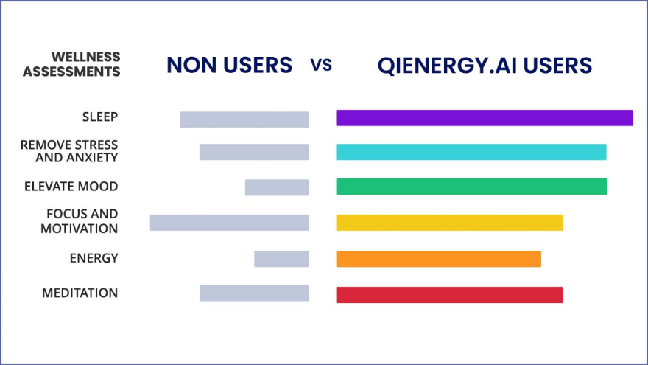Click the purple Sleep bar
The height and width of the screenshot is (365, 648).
pyautogui.click(x=485, y=118)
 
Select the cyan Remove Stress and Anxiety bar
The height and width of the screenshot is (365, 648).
pyautogui.click(x=471, y=152)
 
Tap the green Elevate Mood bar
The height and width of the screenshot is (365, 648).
pyautogui.click(x=471, y=187)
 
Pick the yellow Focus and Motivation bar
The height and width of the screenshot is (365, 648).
pyautogui.click(x=449, y=223)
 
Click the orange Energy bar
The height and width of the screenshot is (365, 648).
pyautogui.click(x=438, y=259)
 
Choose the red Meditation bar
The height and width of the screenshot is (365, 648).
pyautogui.click(x=449, y=295)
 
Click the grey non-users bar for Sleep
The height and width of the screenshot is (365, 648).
pyautogui.click(x=244, y=119)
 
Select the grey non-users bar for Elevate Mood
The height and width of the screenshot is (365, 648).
pyautogui.click(x=277, y=187)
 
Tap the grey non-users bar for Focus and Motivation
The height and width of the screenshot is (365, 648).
pyautogui.click(x=229, y=223)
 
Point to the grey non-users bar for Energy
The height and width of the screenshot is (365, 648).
pyautogui.click(x=281, y=259)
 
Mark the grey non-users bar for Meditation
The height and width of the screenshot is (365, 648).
pyautogui.click(x=254, y=293)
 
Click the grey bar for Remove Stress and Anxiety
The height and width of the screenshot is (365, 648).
pyautogui.click(x=254, y=152)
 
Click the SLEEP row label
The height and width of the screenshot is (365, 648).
pyautogui.click(x=100, y=117)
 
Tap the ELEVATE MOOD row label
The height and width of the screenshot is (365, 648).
pyautogui.click(x=71, y=187)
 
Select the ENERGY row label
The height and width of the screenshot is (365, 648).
pyautogui.click(x=94, y=258)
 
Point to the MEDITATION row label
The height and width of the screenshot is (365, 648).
pyautogui.click(x=80, y=293)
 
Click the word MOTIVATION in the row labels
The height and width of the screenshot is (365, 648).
pyautogui.click(x=79, y=229)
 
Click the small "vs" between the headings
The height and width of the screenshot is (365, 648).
pyautogui.click(x=321, y=65)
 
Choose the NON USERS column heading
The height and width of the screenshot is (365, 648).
pyautogui.click(x=229, y=65)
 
